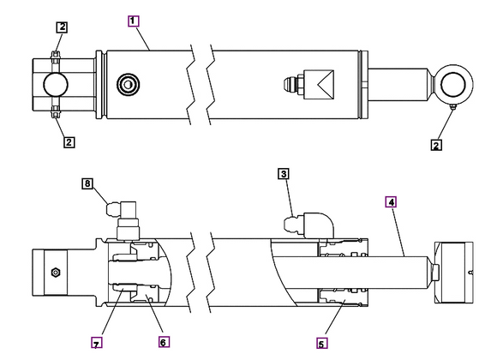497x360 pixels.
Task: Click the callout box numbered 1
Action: coord(133,20)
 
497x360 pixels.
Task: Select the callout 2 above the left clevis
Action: coord(62,27)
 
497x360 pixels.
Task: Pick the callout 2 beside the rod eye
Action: coord(436,145)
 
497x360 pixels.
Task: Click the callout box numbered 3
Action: coord(282,173)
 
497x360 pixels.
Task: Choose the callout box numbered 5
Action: coord(321,344)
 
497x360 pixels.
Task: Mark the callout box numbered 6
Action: coord(164,341)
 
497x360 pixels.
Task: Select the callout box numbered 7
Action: coord(97,343)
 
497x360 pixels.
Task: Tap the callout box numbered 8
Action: coord(87,183)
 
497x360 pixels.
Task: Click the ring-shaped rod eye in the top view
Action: coord(453,84)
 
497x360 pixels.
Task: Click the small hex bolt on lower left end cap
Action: coord(55,273)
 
